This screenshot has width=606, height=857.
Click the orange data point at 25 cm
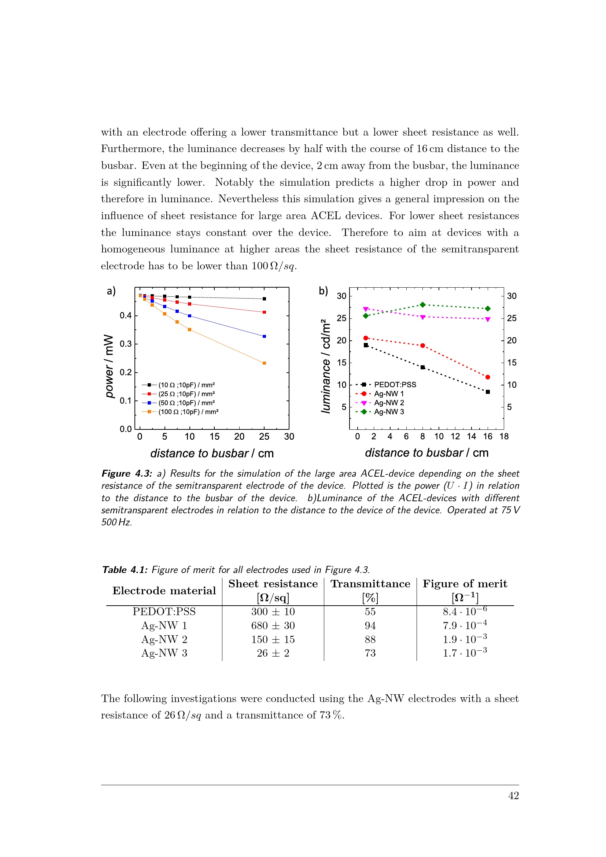264,363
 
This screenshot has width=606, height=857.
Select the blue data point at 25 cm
264,336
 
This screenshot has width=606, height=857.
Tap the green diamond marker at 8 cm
423,305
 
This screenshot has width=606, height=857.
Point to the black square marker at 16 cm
488,392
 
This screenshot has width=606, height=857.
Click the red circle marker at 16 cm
488,377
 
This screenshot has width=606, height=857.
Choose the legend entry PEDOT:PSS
395,384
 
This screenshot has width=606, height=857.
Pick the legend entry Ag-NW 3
389,412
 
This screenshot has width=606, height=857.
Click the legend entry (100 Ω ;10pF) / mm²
188,412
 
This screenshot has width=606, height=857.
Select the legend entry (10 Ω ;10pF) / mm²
186,385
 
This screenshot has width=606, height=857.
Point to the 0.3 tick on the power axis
125,344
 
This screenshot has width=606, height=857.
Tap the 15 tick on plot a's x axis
215,436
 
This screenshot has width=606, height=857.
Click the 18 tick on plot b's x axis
504,436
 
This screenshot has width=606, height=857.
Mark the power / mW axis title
109,366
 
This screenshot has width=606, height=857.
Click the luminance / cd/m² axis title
326,366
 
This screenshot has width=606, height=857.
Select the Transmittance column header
370,584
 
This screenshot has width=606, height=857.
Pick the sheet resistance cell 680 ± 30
273,625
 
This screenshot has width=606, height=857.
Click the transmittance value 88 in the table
370,639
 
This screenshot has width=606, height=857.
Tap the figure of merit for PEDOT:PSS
465,612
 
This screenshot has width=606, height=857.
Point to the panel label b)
323,291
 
